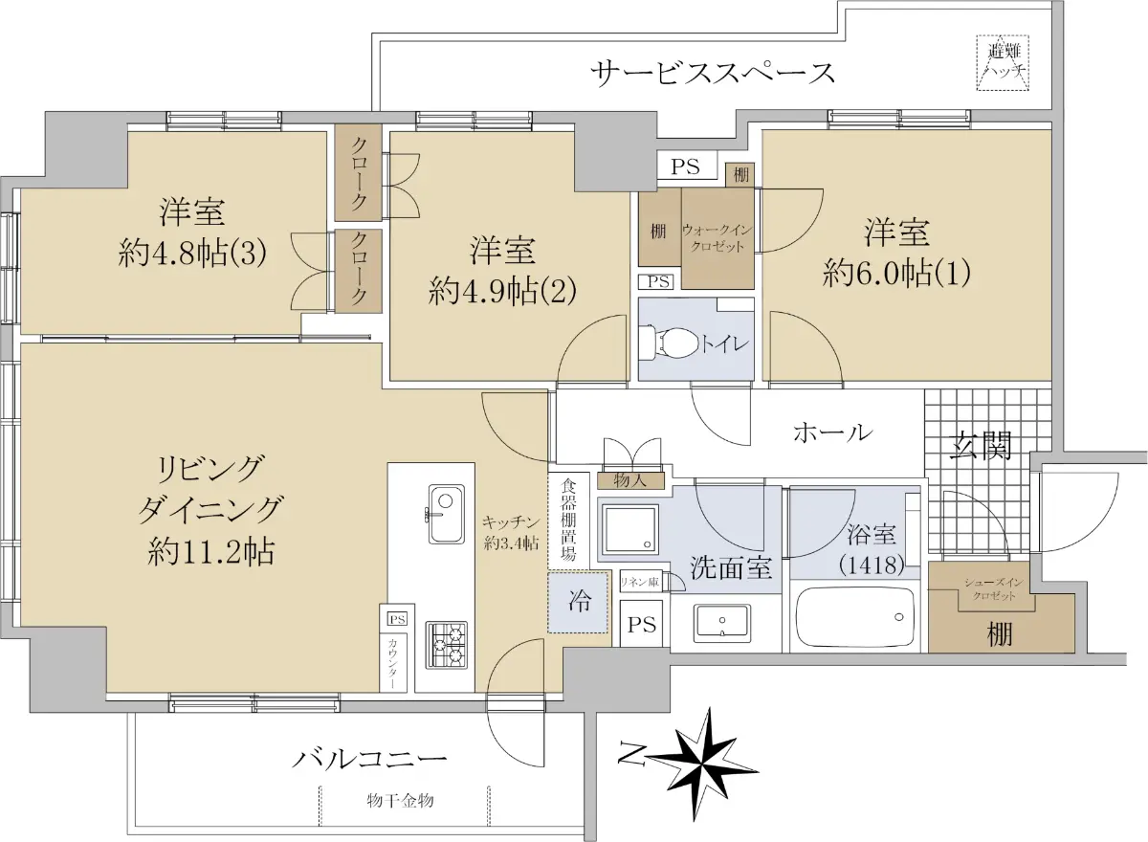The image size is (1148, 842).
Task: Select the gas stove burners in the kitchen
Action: pyautogui.click(x=446, y=645)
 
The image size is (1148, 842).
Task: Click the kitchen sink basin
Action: pyautogui.click(x=447, y=514)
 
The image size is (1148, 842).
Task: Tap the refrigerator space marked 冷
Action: pyautogui.click(x=578, y=602)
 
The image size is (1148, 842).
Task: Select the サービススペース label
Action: pyautogui.click(x=714, y=73)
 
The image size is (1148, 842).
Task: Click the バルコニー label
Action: pyautogui.click(x=368, y=759)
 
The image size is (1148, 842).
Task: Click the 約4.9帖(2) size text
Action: pyautogui.click(x=501, y=291)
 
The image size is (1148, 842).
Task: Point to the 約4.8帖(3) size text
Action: pyautogui.click(x=191, y=253)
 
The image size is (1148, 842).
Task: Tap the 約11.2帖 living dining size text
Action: pyautogui.click(x=210, y=552)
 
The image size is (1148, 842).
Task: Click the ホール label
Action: pyautogui.click(x=832, y=433)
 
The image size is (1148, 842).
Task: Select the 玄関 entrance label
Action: pyautogui.click(x=980, y=445)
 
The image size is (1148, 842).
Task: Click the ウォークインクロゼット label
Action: pyautogui.click(x=717, y=238)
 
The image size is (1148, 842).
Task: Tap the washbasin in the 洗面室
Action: pyautogui.click(x=721, y=623)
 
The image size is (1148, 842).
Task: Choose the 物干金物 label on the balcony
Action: pyautogui.click(x=400, y=801)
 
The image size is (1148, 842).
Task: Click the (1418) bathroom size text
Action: pyautogui.click(x=872, y=565)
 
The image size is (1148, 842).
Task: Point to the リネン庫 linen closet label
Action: pyautogui.click(x=640, y=582)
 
